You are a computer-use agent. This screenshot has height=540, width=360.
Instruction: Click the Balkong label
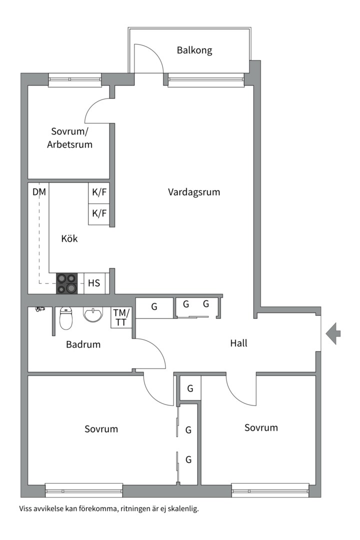click(x=194, y=50)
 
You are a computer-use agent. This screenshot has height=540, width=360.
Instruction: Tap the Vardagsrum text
click(x=194, y=192)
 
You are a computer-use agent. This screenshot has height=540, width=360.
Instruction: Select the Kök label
click(x=69, y=238)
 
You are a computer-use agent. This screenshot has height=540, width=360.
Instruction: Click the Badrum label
click(x=83, y=344)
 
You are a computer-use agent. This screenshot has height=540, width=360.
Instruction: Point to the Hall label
click(x=239, y=343)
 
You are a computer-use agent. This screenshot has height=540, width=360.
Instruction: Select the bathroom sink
click(x=92, y=315)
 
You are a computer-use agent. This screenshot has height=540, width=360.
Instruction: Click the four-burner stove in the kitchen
click(x=67, y=283)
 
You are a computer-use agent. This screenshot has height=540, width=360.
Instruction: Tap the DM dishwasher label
click(x=39, y=191)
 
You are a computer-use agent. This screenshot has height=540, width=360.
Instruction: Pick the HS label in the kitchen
click(x=94, y=283)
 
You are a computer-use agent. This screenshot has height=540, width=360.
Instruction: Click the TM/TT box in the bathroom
click(x=121, y=318)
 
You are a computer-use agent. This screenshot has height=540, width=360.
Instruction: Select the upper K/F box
click(x=99, y=192)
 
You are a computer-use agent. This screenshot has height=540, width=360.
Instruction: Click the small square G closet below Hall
click(x=190, y=388)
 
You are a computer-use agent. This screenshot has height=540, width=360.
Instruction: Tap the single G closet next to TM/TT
click(x=154, y=307)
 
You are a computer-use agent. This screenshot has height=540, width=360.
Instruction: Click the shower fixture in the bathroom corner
click(x=40, y=309)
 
